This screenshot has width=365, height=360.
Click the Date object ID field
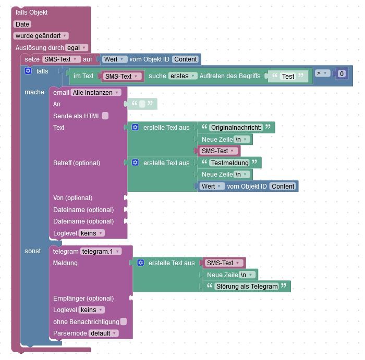pyautogui.click(x=22, y=24)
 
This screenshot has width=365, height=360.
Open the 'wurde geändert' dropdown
pyautogui.click(x=41, y=36)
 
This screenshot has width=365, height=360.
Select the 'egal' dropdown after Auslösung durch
pyautogui.click(x=76, y=47)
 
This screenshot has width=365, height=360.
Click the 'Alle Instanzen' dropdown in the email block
pyautogui.click(x=96, y=92)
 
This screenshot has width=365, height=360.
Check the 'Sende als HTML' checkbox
pyautogui.click(x=105, y=116)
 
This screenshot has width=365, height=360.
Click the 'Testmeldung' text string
pyautogui.click(x=228, y=163)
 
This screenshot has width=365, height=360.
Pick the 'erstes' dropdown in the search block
pyautogui.click(x=182, y=76)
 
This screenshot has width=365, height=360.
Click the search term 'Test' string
pyautogui.click(x=288, y=76)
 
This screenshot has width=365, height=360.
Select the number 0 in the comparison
pyautogui.click(x=342, y=74)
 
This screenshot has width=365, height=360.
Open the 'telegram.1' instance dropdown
pyautogui.click(x=100, y=251)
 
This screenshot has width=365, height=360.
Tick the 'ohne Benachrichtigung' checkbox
pyautogui.click(x=124, y=321)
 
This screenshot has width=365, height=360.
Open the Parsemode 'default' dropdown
pyautogui.click(x=103, y=333)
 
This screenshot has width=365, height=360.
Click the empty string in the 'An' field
pyautogui.click(x=142, y=104)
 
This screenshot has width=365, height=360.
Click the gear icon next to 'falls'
pyautogui.click(x=28, y=71)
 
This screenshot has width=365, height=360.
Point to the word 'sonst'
pyautogui.click(x=33, y=251)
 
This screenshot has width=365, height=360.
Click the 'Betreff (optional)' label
pyautogui.click(x=77, y=163)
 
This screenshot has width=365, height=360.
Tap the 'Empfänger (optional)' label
pyautogui.click(x=83, y=299)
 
